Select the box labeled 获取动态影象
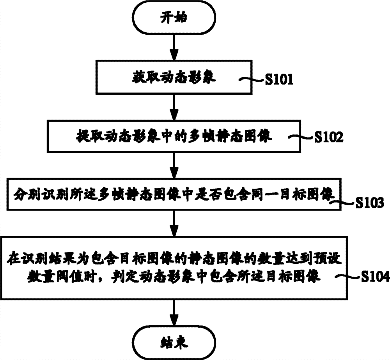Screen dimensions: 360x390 tap(174, 78)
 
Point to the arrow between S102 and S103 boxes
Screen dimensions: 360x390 tap(174, 165)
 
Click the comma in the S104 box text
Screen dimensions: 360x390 tap(150, 279)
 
